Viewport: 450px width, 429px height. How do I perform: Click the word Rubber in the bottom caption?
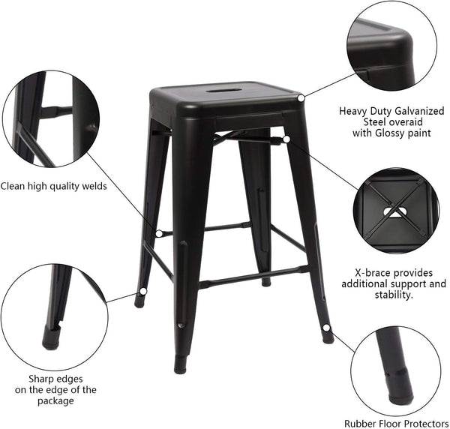pyautogui.click(x=361, y=424)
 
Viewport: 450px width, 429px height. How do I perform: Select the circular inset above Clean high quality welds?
pyautogui.click(x=50, y=120)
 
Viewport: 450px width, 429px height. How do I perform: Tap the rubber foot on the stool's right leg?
pyautogui.click(x=328, y=337)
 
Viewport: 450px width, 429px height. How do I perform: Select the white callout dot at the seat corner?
pyautogui.click(x=301, y=97)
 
